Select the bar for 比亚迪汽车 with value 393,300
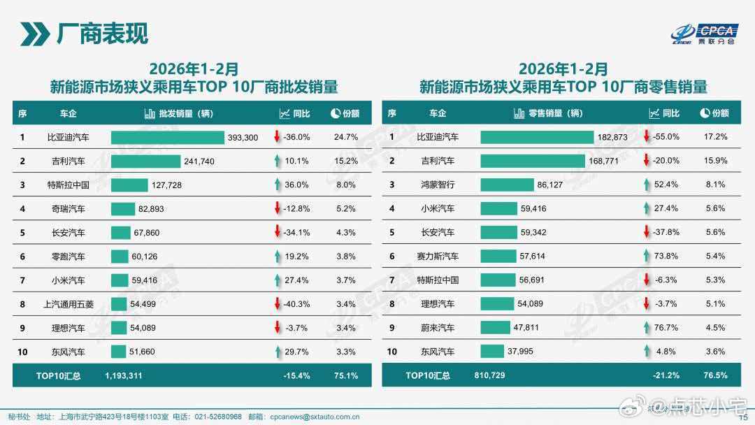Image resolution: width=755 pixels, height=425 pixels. [167, 138]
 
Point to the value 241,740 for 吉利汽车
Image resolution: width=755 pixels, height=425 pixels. [199, 161]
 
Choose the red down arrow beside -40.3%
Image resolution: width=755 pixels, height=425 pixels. [278, 304]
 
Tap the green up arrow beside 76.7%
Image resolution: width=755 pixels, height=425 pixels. [647, 328]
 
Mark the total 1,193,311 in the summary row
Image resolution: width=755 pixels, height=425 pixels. [124, 375]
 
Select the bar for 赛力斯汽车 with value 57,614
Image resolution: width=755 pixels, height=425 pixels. [498, 257]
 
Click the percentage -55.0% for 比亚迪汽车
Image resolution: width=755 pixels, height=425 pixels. [666, 138]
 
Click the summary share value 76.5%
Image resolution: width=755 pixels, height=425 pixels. [715, 375]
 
